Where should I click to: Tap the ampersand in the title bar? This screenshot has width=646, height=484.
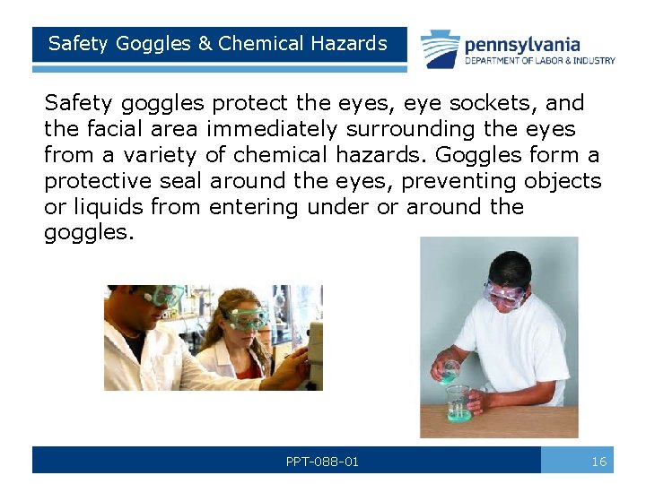(204, 43)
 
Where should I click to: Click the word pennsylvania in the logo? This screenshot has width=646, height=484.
(522, 44)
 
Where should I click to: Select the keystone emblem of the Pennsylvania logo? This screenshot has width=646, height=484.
(441, 49)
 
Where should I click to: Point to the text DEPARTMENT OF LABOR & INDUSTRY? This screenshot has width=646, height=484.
(539, 61)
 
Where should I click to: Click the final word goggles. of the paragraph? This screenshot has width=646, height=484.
(86, 233)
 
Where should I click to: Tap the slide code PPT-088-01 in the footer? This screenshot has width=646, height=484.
(322, 462)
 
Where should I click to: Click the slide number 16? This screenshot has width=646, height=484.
(598, 462)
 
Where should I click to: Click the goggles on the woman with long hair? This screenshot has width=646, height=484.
(246, 316)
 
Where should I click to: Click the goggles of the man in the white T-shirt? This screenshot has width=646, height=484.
(503, 292)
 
